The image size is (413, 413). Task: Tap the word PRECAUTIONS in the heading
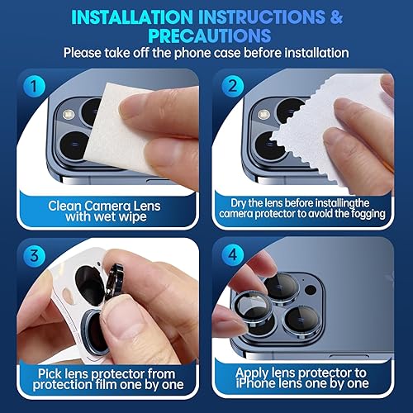pos(206,36)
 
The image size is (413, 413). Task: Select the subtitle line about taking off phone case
pos(206,53)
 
